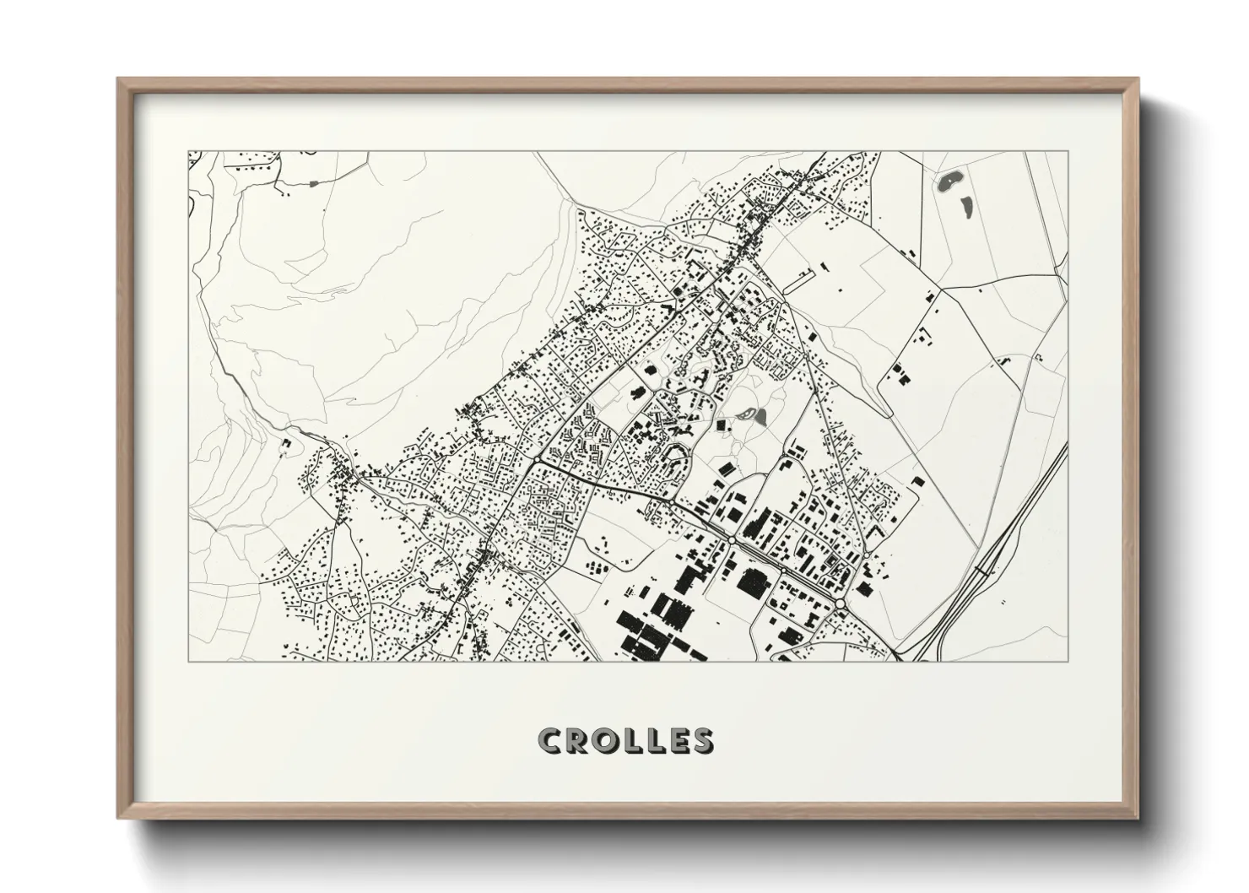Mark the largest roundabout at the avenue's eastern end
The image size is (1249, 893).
point(842,603)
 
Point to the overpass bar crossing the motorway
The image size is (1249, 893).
point(982,571)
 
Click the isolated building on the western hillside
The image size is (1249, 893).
point(285,442)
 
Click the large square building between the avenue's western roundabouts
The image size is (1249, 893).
point(749,580)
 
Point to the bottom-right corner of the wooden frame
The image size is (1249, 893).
point(1140,818)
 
